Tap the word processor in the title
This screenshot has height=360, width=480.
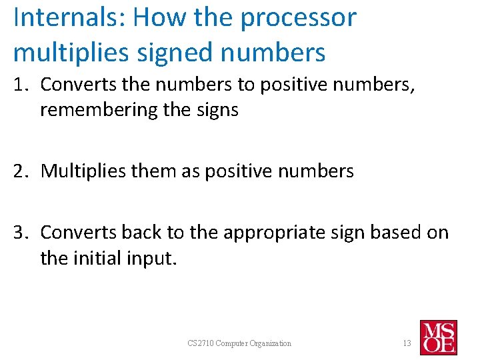point(298,19)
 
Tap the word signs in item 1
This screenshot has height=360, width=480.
point(216,110)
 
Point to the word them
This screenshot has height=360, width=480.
point(157,171)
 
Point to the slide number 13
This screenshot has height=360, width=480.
point(406,343)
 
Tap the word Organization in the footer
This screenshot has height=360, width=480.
point(270,343)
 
